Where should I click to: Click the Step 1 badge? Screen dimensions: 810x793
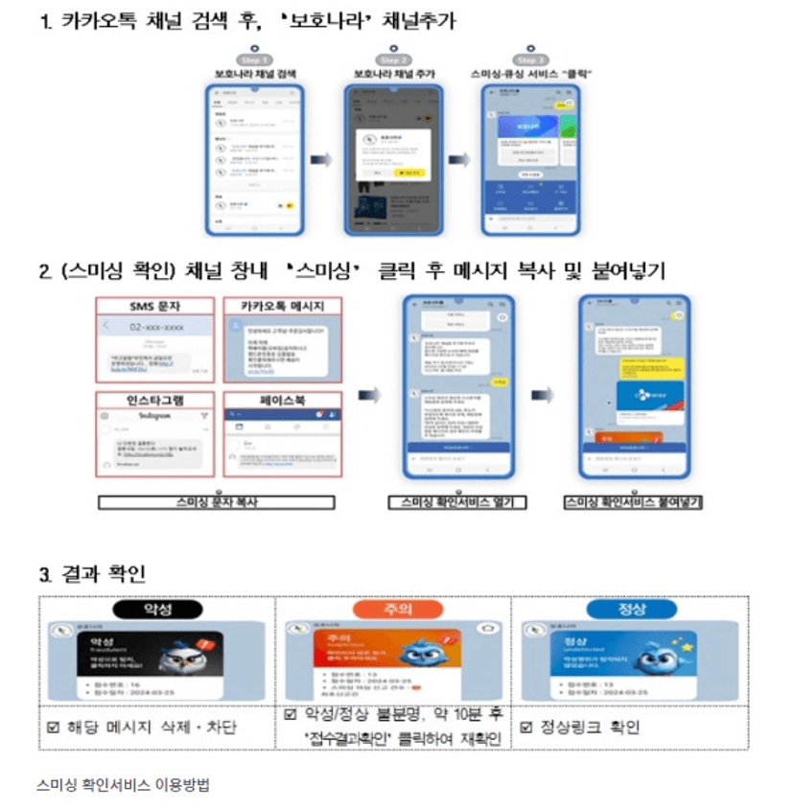(x=253, y=59)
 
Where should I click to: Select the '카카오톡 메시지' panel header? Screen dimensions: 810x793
(x=282, y=307)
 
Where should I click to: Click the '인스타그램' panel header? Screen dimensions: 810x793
(x=155, y=400)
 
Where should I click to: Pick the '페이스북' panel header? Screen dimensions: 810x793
(x=282, y=400)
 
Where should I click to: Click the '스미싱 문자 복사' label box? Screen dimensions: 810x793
(x=216, y=501)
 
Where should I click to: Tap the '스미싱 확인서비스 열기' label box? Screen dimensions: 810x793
(x=457, y=501)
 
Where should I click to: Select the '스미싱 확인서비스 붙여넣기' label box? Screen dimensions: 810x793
(x=633, y=501)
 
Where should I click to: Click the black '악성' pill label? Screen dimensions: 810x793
(x=156, y=609)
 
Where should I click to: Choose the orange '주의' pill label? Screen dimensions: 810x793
(x=392, y=609)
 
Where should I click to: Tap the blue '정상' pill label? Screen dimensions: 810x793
(x=630, y=609)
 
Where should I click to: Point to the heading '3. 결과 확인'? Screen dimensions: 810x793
(x=92, y=574)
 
